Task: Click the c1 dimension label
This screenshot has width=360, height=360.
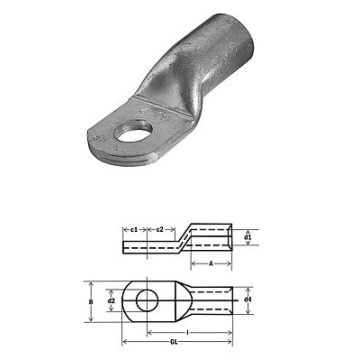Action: pos(134,229)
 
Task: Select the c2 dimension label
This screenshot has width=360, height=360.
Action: pos(160,229)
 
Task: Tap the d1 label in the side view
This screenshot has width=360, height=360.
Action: pos(247,237)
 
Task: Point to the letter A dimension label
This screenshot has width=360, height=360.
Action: pos(211,264)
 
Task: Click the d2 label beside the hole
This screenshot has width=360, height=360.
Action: pos(111,300)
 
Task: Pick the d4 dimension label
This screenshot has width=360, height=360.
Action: pos(247,300)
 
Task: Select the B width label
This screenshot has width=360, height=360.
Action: pos(91,302)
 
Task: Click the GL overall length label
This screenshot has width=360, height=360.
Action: pos(173,342)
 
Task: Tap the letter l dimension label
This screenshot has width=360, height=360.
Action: pos(188,332)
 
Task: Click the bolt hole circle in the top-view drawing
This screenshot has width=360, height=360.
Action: pos(147,290)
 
